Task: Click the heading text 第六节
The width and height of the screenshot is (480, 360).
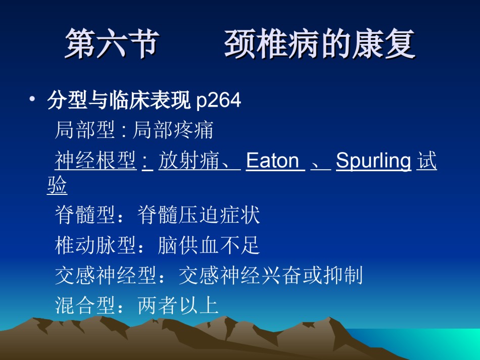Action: click(112, 44)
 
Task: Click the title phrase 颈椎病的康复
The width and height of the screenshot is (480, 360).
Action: click(320, 44)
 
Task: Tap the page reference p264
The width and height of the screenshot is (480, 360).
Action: click(219, 100)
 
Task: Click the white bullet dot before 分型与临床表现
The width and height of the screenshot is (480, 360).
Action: click(32, 99)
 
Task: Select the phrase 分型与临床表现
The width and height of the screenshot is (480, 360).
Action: click(119, 100)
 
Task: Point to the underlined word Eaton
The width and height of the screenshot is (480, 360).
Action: click(272, 160)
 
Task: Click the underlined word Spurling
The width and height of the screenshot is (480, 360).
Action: click(373, 161)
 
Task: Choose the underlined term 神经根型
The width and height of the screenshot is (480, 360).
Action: click(95, 160)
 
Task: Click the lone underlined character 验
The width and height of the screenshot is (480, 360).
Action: click(57, 184)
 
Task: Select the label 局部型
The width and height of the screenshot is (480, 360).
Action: click(85, 130)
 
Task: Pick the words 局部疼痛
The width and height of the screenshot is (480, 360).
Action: click(173, 130)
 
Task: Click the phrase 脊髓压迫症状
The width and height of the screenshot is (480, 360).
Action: click(199, 215)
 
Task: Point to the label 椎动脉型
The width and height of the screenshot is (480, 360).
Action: click(95, 245)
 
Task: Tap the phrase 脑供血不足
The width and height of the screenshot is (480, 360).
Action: click(209, 245)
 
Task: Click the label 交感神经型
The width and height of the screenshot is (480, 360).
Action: click(106, 275)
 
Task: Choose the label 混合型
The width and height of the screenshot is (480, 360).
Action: click(85, 305)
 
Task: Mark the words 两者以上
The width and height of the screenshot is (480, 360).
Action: click(178, 305)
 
